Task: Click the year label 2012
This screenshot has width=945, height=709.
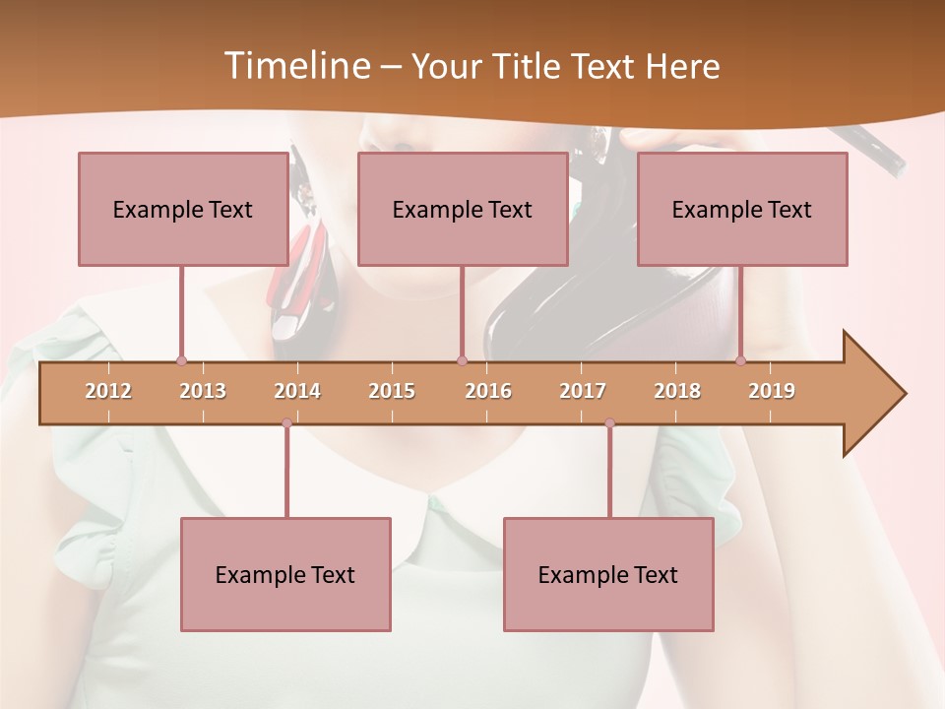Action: (108, 391)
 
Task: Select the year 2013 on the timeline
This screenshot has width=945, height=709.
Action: (203, 391)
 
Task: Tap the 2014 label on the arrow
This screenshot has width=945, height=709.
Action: (297, 391)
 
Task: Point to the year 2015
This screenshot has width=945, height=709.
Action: (392, 391)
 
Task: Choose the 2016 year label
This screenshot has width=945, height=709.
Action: (488, 391)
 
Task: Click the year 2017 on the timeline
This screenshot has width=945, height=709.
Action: (583, 391)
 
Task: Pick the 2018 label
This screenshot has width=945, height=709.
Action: (677, 391)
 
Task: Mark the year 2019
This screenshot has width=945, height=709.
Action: (772, 391)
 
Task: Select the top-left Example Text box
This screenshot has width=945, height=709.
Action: (183, 209)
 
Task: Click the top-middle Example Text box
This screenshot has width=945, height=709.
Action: (463, 209)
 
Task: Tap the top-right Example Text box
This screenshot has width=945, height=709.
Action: (742, 209)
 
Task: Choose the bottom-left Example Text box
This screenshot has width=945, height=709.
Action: (285, 574)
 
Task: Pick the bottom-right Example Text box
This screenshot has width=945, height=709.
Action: (608, 574)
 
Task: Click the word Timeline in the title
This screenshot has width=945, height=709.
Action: (295, 66)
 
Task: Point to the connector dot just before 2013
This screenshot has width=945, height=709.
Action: (181, 361)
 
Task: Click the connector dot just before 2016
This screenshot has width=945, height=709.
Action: (462, 361)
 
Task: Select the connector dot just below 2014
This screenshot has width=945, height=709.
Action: (286, 423)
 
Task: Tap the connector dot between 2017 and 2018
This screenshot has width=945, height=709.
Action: (609, 423)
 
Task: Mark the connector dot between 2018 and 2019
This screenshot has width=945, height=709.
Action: (740, 361)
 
